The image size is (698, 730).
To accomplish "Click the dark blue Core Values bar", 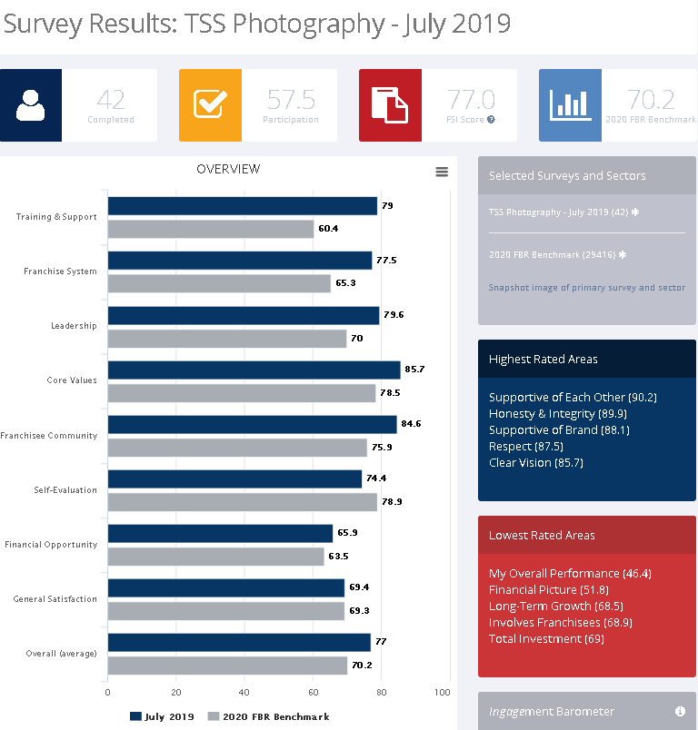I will point(254,370).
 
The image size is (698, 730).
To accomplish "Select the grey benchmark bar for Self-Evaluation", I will point(242,502).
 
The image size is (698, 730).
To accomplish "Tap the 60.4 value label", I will point(329,228).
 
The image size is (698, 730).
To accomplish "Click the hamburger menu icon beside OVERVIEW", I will point(442,172).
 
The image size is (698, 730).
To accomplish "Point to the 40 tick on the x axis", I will point(244,692).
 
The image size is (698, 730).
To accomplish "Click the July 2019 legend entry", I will point(164,716).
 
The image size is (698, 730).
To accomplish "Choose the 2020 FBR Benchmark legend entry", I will point(269,716).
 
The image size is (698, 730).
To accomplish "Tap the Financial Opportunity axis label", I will point(51,545).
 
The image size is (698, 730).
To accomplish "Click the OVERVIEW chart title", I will point(228,169).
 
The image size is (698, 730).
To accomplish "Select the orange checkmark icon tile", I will point(210,105).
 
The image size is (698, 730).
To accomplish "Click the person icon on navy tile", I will point(31,105).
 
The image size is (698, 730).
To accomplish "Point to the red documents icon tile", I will point(390,105).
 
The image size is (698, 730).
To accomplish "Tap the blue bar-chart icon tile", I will point(570,105).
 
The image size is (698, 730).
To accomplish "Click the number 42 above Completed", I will point(110,99).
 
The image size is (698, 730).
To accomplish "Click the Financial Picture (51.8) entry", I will point(548,589).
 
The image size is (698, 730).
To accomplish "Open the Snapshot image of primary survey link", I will point(587,288).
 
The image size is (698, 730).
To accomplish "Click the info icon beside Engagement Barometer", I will point(680,711).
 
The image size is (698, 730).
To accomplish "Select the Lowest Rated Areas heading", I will point(542,535).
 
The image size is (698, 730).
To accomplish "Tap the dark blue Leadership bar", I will point(243,315).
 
